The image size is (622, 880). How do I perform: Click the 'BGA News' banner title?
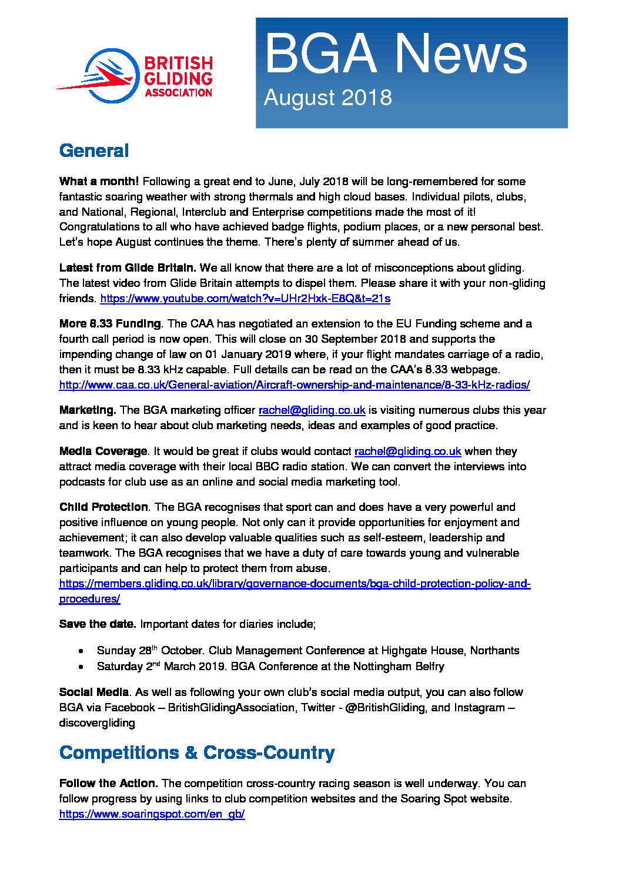click(395, 54)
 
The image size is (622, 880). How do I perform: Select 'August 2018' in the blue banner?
click(327, 98)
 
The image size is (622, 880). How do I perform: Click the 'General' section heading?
click(94, 151)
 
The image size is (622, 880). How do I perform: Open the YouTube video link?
click(245, 299)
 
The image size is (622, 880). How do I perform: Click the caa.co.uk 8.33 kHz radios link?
click(295, 385)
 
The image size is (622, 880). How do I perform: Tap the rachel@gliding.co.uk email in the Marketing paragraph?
click(312, 410)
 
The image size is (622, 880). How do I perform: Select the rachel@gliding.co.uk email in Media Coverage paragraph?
click(407, 451)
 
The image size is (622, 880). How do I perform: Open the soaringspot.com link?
click(152, 814)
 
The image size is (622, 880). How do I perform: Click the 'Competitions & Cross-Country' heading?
click(197, 753)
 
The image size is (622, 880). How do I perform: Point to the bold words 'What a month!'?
click(99, 182)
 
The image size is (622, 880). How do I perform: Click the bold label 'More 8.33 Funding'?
click(110, 324)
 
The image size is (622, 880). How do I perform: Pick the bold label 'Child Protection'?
click(103, 507)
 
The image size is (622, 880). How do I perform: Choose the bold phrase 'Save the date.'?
click(98, 624)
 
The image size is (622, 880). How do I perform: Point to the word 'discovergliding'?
click(97, 723)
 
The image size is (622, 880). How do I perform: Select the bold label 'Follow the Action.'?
click(108, 784)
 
